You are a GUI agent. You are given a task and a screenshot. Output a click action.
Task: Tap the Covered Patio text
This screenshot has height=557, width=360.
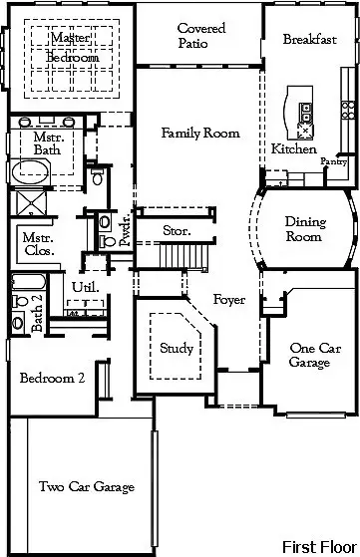click(x=200, y=36)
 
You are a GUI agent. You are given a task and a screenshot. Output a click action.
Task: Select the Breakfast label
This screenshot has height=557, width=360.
click(x=308, y=40)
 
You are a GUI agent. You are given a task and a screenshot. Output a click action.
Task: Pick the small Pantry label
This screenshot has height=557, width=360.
click(x=332, y=160)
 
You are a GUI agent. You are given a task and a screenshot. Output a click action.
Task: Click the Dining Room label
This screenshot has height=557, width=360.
click(x=304, y=229)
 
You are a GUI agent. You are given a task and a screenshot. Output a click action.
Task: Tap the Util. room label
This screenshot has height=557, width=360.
click(x=84, y=287)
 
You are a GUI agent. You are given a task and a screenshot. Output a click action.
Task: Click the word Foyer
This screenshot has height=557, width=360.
click(x=229, y=299)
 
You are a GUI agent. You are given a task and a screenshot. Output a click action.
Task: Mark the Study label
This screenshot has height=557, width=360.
click(x=177, y=348)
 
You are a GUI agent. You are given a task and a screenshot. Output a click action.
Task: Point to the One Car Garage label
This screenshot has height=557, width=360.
click(x=309, y=356)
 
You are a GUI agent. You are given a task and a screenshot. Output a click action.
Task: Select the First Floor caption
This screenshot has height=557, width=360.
click(x=316, y=546)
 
